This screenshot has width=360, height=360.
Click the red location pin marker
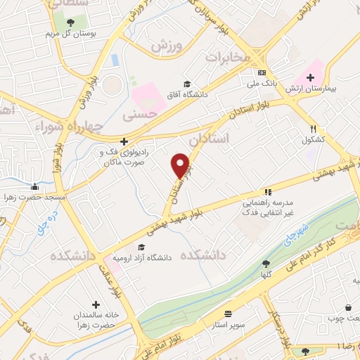click(181, 165)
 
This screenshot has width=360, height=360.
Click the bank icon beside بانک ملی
click(262, 72)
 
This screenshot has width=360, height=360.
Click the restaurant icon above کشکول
click(313, 129)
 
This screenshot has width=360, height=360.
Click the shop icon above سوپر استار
click(228, 314)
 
